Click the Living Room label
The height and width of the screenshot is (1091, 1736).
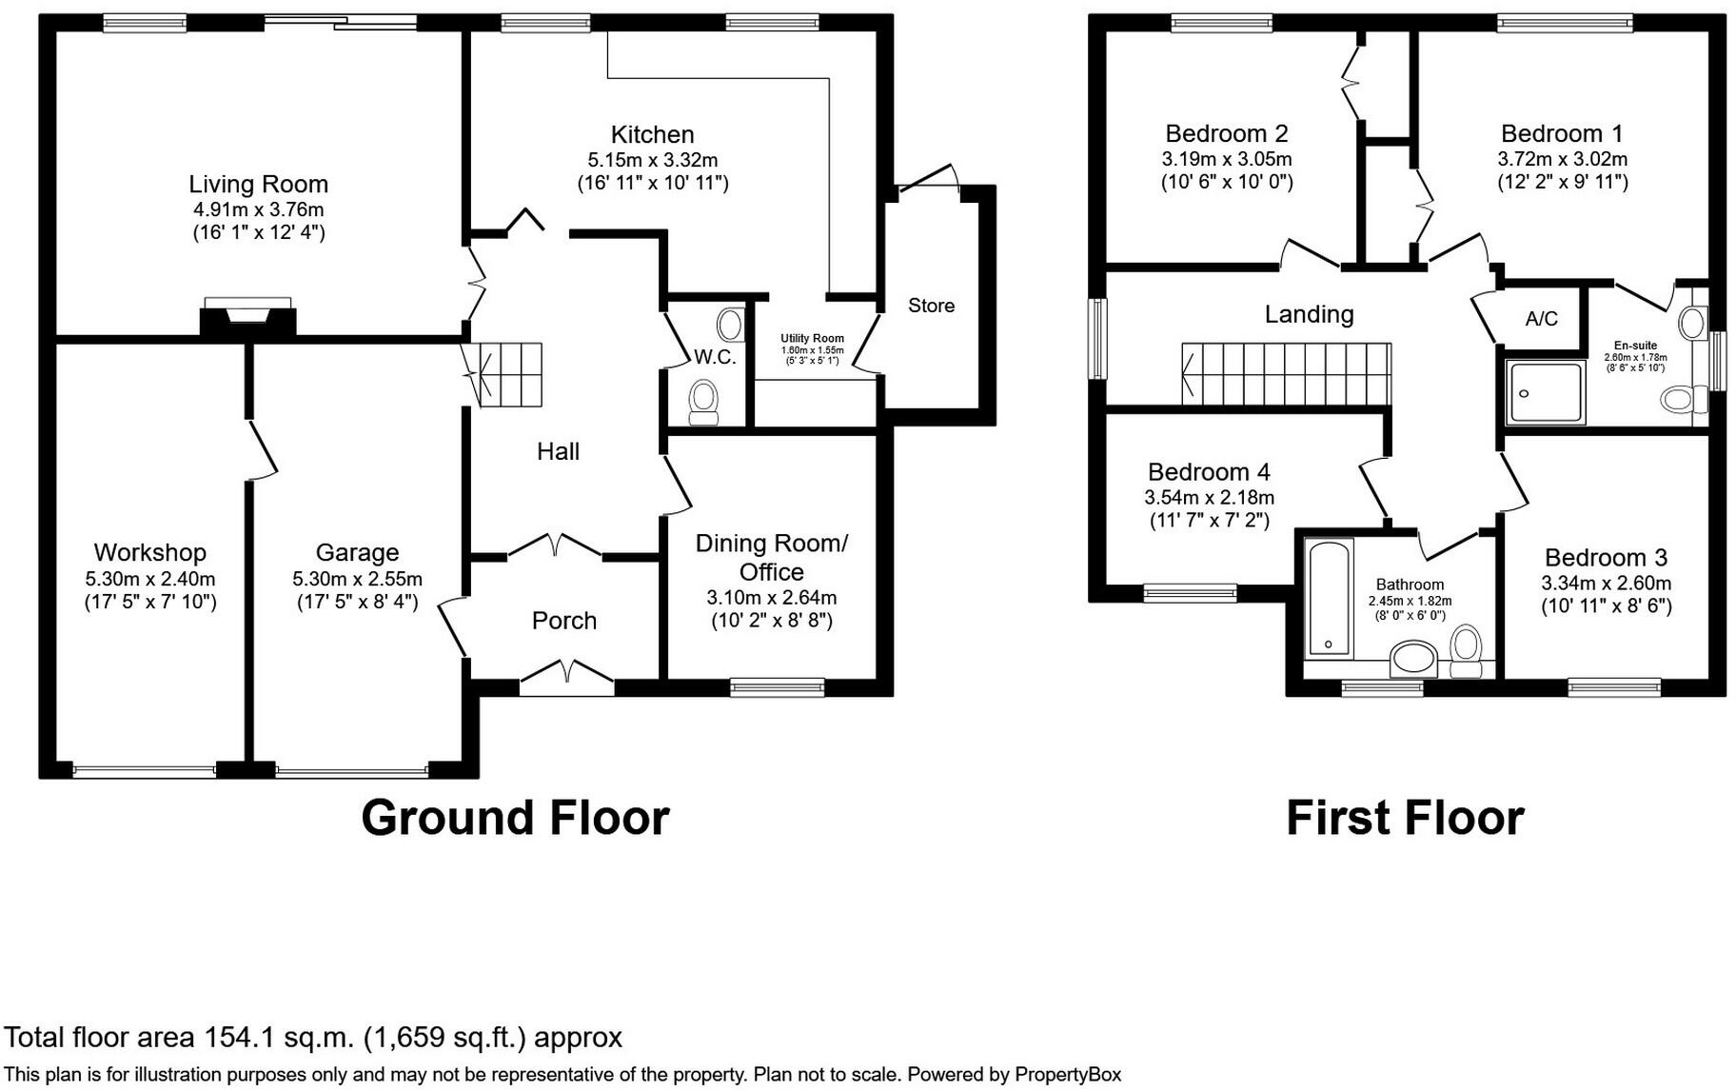[x=258, y=184]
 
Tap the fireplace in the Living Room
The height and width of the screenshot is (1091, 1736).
[x=247, y=314]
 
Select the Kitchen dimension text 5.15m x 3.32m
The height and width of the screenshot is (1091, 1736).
[x=653, y=160]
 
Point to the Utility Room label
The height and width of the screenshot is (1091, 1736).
[x=812, y=338]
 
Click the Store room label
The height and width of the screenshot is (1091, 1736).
[x=931, y=306]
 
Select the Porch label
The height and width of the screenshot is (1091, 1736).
[x=564, y=621]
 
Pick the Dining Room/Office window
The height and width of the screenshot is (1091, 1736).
[x=777, y=685]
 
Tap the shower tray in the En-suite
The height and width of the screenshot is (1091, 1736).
[x=1544, y=391]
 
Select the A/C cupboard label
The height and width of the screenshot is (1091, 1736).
[x=1541, y=319]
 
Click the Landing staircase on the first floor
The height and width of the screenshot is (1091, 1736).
[x=1286, y=374]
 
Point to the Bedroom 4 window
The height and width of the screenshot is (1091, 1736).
[x=1190, y=593]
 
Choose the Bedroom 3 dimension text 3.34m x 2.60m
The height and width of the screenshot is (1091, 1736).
[x=1606, y=583]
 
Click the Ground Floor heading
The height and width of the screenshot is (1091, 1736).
[x=515, y=818]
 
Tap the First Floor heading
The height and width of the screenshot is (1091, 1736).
[x=1405, y=818]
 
